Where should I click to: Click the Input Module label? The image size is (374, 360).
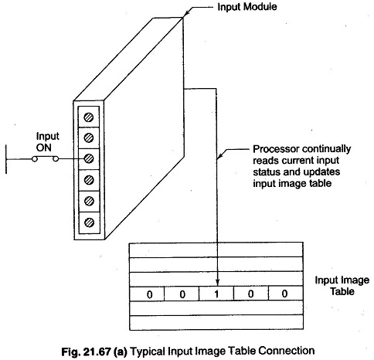pyautogui.click(x=247, y=7)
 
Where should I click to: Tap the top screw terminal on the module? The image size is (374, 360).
pyautogui.click(x=89, y=117)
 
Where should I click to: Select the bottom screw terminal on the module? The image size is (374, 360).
pyautogui.click(x=89, y=222)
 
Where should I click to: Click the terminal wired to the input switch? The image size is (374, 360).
pyautogui.click(x=89, y=158)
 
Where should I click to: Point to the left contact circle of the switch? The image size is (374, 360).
pyautogui.click(x=35, y=159)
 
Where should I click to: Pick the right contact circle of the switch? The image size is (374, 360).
pyautogui.click(x=56, y=159)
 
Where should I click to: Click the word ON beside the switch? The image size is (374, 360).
pyautogui.click(x=44, y=148)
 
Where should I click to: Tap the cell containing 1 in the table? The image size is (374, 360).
pyautogui.click(x=216, y=294)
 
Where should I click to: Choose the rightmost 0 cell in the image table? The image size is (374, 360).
pyautogui.click(x=285, y=294)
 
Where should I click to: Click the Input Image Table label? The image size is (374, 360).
pyautogui.click(x=342, y=286)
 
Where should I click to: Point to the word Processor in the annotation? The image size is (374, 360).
pyautogui.click(x=276, y=149)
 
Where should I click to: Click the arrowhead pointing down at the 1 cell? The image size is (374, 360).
pyautogui.click(x=218, y=283)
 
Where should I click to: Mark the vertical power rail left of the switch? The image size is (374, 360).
pyautogui.click(x=6, y=159)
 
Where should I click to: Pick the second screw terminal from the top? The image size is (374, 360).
pyautogui.click(x=89, y=138)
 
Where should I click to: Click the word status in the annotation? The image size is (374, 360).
pyautogui.click(x=267, y=172)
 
